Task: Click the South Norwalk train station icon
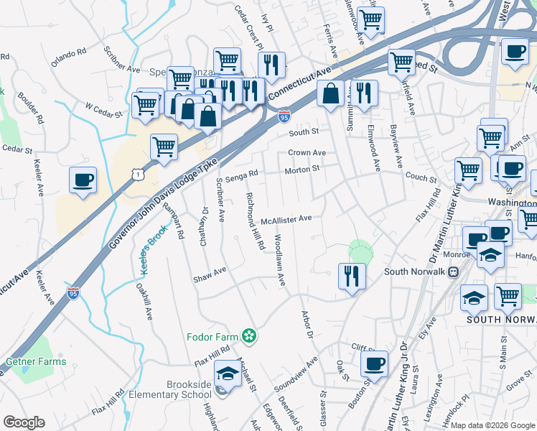(453, 272)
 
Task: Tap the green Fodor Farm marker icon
(249, 335)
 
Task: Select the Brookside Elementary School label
(170, 389)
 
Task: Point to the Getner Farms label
(36, 361)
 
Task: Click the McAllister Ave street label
(286, 219)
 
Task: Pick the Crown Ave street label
(307, 153)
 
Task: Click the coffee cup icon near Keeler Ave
(83, 180)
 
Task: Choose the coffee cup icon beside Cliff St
(374, 363)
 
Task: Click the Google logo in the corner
(24, 422)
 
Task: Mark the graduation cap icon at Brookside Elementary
(228, 374)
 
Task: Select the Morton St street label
(302, 170)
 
